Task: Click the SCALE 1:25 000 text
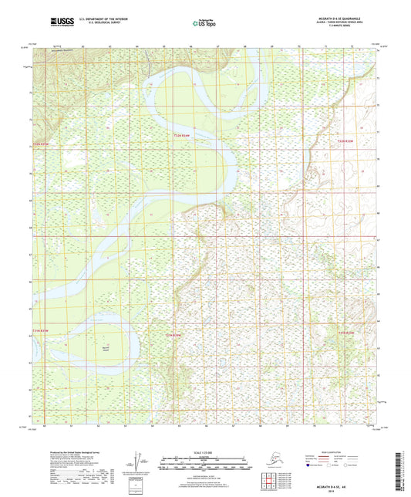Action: tap(205, 451)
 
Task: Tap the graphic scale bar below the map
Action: tap(205, 461)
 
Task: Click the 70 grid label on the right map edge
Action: tap(378, 159)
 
